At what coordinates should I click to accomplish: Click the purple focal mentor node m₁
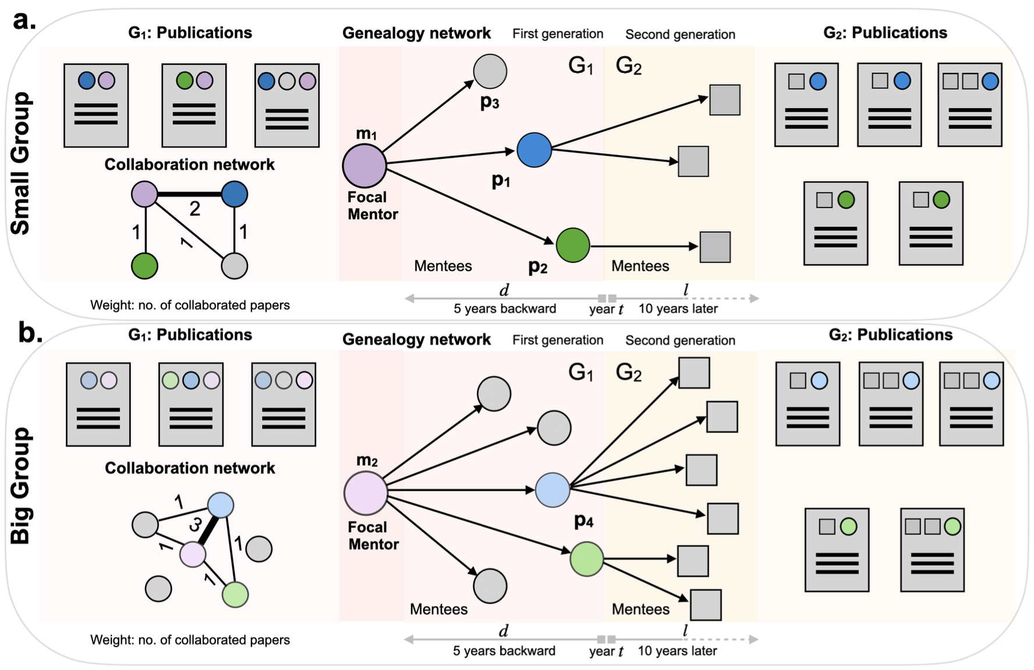[364, 166]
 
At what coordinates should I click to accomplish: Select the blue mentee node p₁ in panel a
[534, 150]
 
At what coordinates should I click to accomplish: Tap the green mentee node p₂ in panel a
[573, 245]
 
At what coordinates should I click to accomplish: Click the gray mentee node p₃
[490, 71]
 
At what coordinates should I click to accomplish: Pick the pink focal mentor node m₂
[366, 493]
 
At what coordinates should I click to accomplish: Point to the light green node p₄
[586, 559]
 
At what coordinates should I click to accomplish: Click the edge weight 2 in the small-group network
[195, 209]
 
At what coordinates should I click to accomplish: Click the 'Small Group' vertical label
[20, 164]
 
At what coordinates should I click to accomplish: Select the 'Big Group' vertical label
[20, 486]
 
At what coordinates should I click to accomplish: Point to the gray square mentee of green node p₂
[715, 247]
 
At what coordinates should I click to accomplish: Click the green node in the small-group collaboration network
[144, 266]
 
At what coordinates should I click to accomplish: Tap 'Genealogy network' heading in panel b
[416, 339]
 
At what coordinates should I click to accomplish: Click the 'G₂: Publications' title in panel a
[885, 33]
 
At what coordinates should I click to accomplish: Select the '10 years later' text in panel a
[678, 309]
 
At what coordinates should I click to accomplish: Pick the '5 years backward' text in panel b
[504, 651]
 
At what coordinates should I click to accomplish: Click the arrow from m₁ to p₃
[429, 116]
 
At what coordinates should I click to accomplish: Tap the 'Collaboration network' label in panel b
[190, 468]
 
